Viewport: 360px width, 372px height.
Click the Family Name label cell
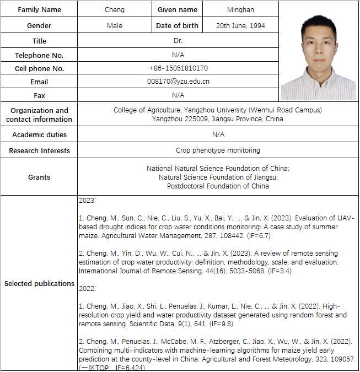pos(39,9)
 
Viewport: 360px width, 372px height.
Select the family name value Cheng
pos(115,9)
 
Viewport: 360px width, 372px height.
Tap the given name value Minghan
pos(241,9)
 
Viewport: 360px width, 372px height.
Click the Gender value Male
pos(115,25)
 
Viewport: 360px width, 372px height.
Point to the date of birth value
pos(240,25)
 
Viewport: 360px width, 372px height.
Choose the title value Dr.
pos(178,41)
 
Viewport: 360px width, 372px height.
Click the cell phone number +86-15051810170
pos(178,68)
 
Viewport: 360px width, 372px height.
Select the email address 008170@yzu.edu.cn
pos(178,82)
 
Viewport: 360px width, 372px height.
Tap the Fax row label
pos(39,95)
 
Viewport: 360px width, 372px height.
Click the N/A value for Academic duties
pos(218,134)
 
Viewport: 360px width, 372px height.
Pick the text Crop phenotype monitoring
pos(218,150)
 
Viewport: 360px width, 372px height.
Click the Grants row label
pos(39,177)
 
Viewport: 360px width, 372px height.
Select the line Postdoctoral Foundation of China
pos(218,186)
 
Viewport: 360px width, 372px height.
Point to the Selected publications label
pos(39,283)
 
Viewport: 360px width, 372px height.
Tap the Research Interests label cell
pos(39,150)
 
